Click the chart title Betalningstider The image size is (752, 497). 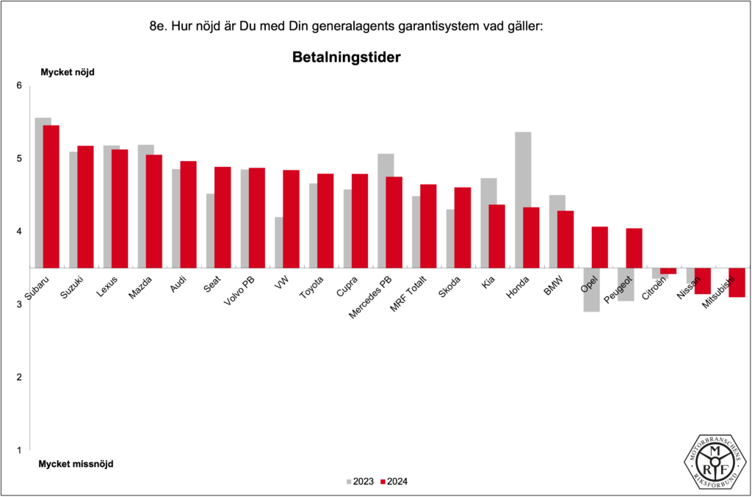pyautogui.click(x=345, y=57)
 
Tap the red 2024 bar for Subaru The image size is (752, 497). pyautogui.click(x=51, y=196)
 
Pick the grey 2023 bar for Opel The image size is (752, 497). pyautogui.click(x=591, y=290)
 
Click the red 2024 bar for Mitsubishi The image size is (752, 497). pyautogui.click(x=737, y=282)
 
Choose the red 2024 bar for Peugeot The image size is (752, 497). pyautogui.click(x=634, y=248)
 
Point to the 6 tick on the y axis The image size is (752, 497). pyautogui.click(x=20, y=86)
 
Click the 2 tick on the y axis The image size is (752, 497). pyautogui.click(x=20, y=377)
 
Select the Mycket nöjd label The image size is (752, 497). pyautogui.click(x=67, y=72)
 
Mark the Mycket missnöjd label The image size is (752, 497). pyautogui.click(x=76, y=465)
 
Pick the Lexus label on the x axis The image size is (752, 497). pyautogui.click(x=107, y=287)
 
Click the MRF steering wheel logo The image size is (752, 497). pyautogui.click(x=715, y=461)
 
